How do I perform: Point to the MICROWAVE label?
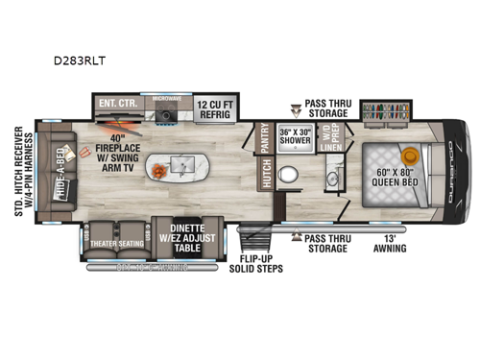[167, 97]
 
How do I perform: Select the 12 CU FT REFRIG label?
[220, 106]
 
